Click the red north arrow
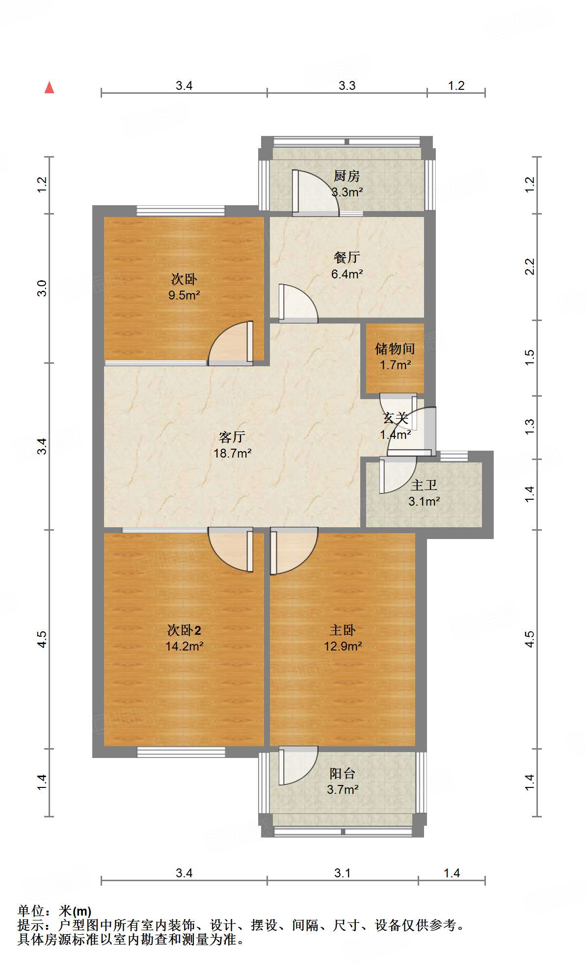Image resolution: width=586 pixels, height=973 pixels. [x=49, y=87]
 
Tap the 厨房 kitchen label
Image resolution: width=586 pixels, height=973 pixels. [x=346, y=176]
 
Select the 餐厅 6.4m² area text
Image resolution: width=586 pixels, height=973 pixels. [x=347, y=274]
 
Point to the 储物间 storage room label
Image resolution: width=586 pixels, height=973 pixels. [x=395, y=349]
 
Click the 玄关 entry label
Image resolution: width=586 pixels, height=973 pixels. [x=395, y=418]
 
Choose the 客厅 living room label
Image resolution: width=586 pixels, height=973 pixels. [x=232, y=437]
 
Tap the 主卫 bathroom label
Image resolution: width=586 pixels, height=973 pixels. [x=424, y=486]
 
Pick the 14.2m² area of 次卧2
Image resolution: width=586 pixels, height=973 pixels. [x=184, y=646]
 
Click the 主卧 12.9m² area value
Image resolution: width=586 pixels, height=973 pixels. [x=343, y=646]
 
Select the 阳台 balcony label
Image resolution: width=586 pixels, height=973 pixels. [x=342, y=774]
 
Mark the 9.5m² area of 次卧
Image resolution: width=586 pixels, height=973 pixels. [x=184, y=295]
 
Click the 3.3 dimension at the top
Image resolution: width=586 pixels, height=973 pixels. [x=347, y=86]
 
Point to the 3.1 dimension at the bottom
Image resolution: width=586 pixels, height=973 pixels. [x=343, y=873]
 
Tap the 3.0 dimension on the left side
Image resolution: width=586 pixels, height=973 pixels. [x=42, y=288]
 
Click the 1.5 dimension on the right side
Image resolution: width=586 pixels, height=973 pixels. [x=530, y=357]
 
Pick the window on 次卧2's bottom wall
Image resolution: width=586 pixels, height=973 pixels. [x=181, y=752]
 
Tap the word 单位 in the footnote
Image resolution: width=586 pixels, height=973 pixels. [x=31, y=911]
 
